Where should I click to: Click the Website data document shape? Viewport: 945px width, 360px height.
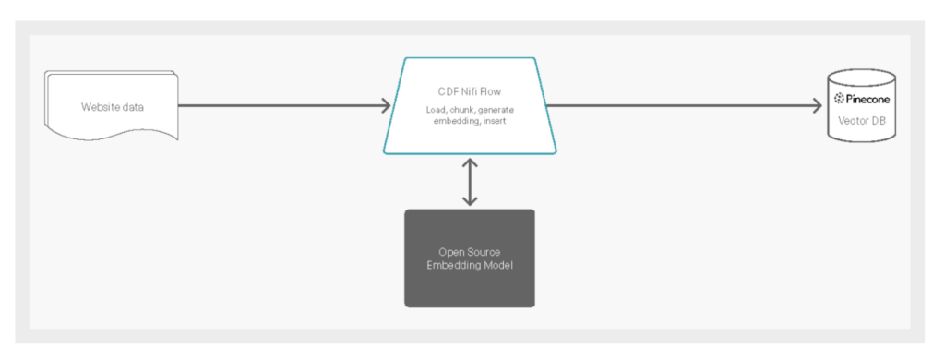click(x=110, y=106)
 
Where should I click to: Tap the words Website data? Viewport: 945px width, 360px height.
click(x=113, y=106)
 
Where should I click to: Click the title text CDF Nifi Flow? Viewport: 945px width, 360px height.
click(x=470, y=90)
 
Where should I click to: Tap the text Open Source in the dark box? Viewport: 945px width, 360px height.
click(x=469, y=251)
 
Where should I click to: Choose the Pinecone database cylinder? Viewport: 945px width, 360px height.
click(x=861, y=105)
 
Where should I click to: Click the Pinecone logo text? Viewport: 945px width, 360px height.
click(x=868, y=99)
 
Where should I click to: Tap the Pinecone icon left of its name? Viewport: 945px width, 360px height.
click(x=840, y=99)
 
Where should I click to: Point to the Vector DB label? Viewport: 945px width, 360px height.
click(x=862, y=119)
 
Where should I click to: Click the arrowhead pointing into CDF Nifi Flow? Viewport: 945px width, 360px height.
click(x=386, y=105)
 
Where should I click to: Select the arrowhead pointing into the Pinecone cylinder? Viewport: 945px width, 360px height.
click(x=816, y=105)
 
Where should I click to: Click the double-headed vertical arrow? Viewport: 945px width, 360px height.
click(x=470, y=182)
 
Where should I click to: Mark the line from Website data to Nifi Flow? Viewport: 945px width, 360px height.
click(x=277, y=105)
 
